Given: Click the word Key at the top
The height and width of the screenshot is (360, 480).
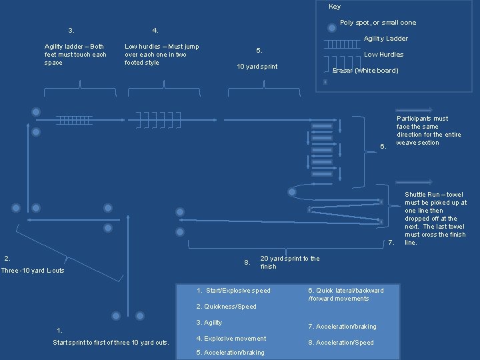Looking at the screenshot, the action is [x=335, y=7].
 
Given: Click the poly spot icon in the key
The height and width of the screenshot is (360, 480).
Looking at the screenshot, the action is [x=331, y=28].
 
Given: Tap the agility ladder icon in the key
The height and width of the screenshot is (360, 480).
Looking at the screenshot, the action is [x=341, y=45].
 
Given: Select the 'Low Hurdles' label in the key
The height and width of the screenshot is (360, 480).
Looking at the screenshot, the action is [x=383, y=55].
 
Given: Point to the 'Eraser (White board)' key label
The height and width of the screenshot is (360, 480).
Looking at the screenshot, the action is [x=365, y=71].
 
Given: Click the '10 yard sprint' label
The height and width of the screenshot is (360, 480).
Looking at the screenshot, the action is [x=257, y=67].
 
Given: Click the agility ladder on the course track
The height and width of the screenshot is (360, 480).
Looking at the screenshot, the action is [x=74, y=120].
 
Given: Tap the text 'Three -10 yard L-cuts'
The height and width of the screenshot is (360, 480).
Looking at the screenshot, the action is [x=33, y=271].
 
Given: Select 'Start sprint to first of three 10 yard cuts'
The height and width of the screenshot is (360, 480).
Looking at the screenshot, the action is [x=111, y=343].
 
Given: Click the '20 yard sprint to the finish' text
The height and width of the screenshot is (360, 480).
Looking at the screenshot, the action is [x=289, y=263].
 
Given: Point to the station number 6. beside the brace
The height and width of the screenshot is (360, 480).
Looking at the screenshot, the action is [x=383, y=147].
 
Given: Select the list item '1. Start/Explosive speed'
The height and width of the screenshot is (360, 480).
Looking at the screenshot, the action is [x=234, y=291].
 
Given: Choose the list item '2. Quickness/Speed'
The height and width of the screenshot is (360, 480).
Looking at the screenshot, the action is [x=227, y=307].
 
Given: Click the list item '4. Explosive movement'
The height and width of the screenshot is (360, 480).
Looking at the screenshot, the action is [x=231, y=339].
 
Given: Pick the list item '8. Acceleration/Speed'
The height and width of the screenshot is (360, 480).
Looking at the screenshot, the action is [x=341, y=343].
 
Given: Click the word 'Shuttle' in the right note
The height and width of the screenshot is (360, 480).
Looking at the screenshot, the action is [x=416, y=195].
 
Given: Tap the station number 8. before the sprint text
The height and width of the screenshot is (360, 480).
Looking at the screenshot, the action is [x=247, y=263].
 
